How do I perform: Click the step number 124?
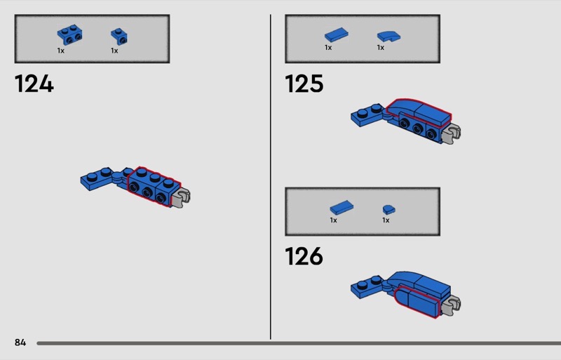point(34,84)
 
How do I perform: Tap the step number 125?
point(304,84)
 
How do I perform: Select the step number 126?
point(304,256)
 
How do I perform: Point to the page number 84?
point(20,342)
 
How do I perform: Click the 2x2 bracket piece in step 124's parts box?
point(69,35)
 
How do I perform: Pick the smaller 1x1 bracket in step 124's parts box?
point(119,36)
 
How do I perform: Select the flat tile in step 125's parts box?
point(337,35)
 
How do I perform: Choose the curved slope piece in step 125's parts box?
point(389,36)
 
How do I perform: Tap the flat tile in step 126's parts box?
point(342,208)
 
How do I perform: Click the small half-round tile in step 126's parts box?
point(389,210)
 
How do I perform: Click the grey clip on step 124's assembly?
point(182,197)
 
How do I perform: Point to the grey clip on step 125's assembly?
point(452,133)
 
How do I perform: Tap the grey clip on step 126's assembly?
point(452,305)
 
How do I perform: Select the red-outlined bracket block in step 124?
point(154,186)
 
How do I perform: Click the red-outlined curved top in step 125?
point(419,111)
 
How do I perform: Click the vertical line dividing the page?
point(271,177)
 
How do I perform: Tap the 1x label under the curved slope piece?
point(381,48)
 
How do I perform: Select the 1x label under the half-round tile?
point(386,220)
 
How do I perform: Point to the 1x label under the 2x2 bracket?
point(61,51)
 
